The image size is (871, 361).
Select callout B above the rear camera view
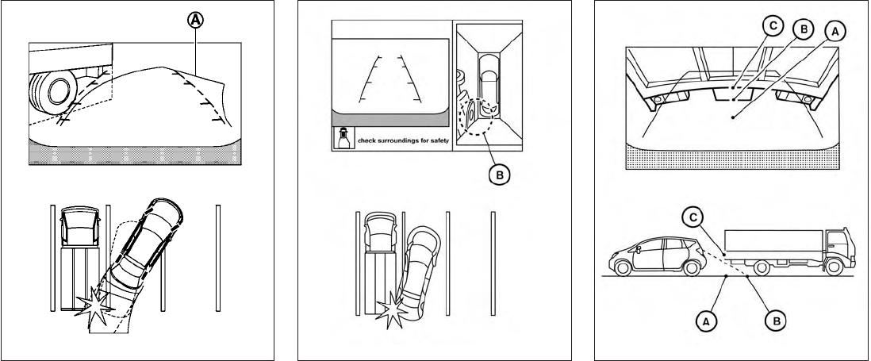(x=803, y=29)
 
